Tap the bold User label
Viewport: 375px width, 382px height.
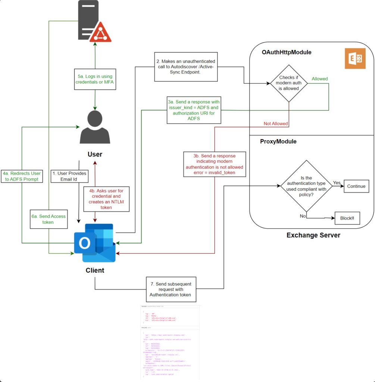(x=95, y=154)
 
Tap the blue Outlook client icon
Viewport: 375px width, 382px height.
(x=95, y=243)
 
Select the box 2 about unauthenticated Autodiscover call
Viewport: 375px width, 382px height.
(x=185, y=67)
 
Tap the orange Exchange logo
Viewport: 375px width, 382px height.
(x=354, y=59)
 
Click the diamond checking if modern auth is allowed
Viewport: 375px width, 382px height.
(x=287, y=84)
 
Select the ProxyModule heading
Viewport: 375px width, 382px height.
(x=278, y=141)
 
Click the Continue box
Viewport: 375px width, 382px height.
(x=356, y=186)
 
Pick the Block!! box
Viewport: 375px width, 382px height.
(x=347, y=218)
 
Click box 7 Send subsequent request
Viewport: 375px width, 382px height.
(x=171, y=289)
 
